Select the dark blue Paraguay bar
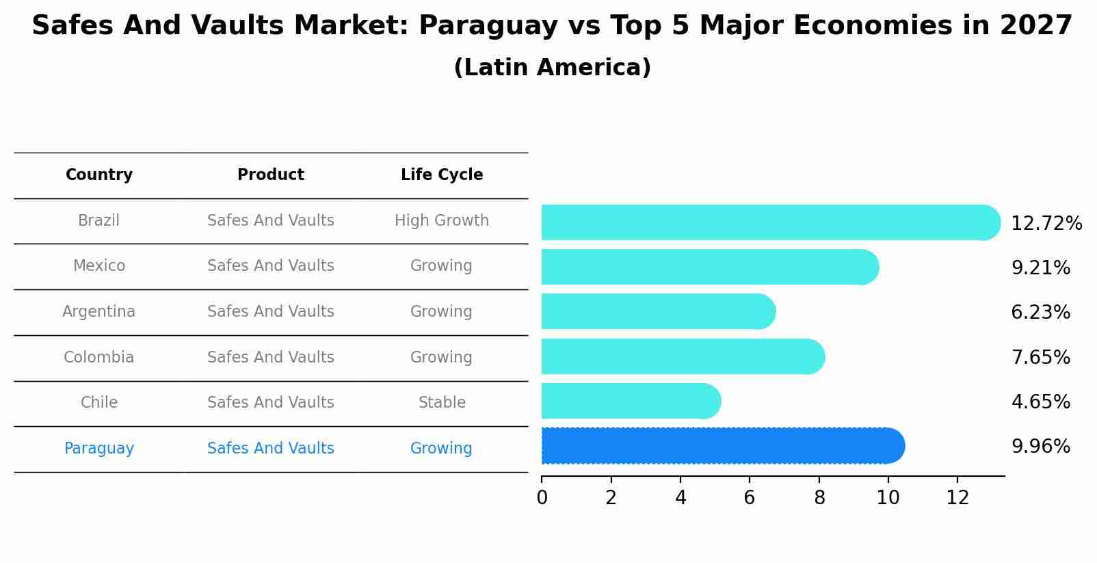[722, 446]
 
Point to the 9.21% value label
[1040, 268]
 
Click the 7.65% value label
[1040, 358]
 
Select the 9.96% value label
[1040, 447]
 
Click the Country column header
[99, 175]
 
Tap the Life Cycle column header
[442, 175]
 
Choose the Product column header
[271, 175]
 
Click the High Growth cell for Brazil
[442, 221]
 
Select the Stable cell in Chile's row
[442, 403]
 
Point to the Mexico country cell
[99, 266]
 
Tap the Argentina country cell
[99, 312]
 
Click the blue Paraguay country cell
[99, 449]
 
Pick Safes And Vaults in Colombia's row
[271, 358]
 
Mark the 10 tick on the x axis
[888, 498]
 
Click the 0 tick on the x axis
[542, 498]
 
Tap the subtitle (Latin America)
[552, 68]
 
